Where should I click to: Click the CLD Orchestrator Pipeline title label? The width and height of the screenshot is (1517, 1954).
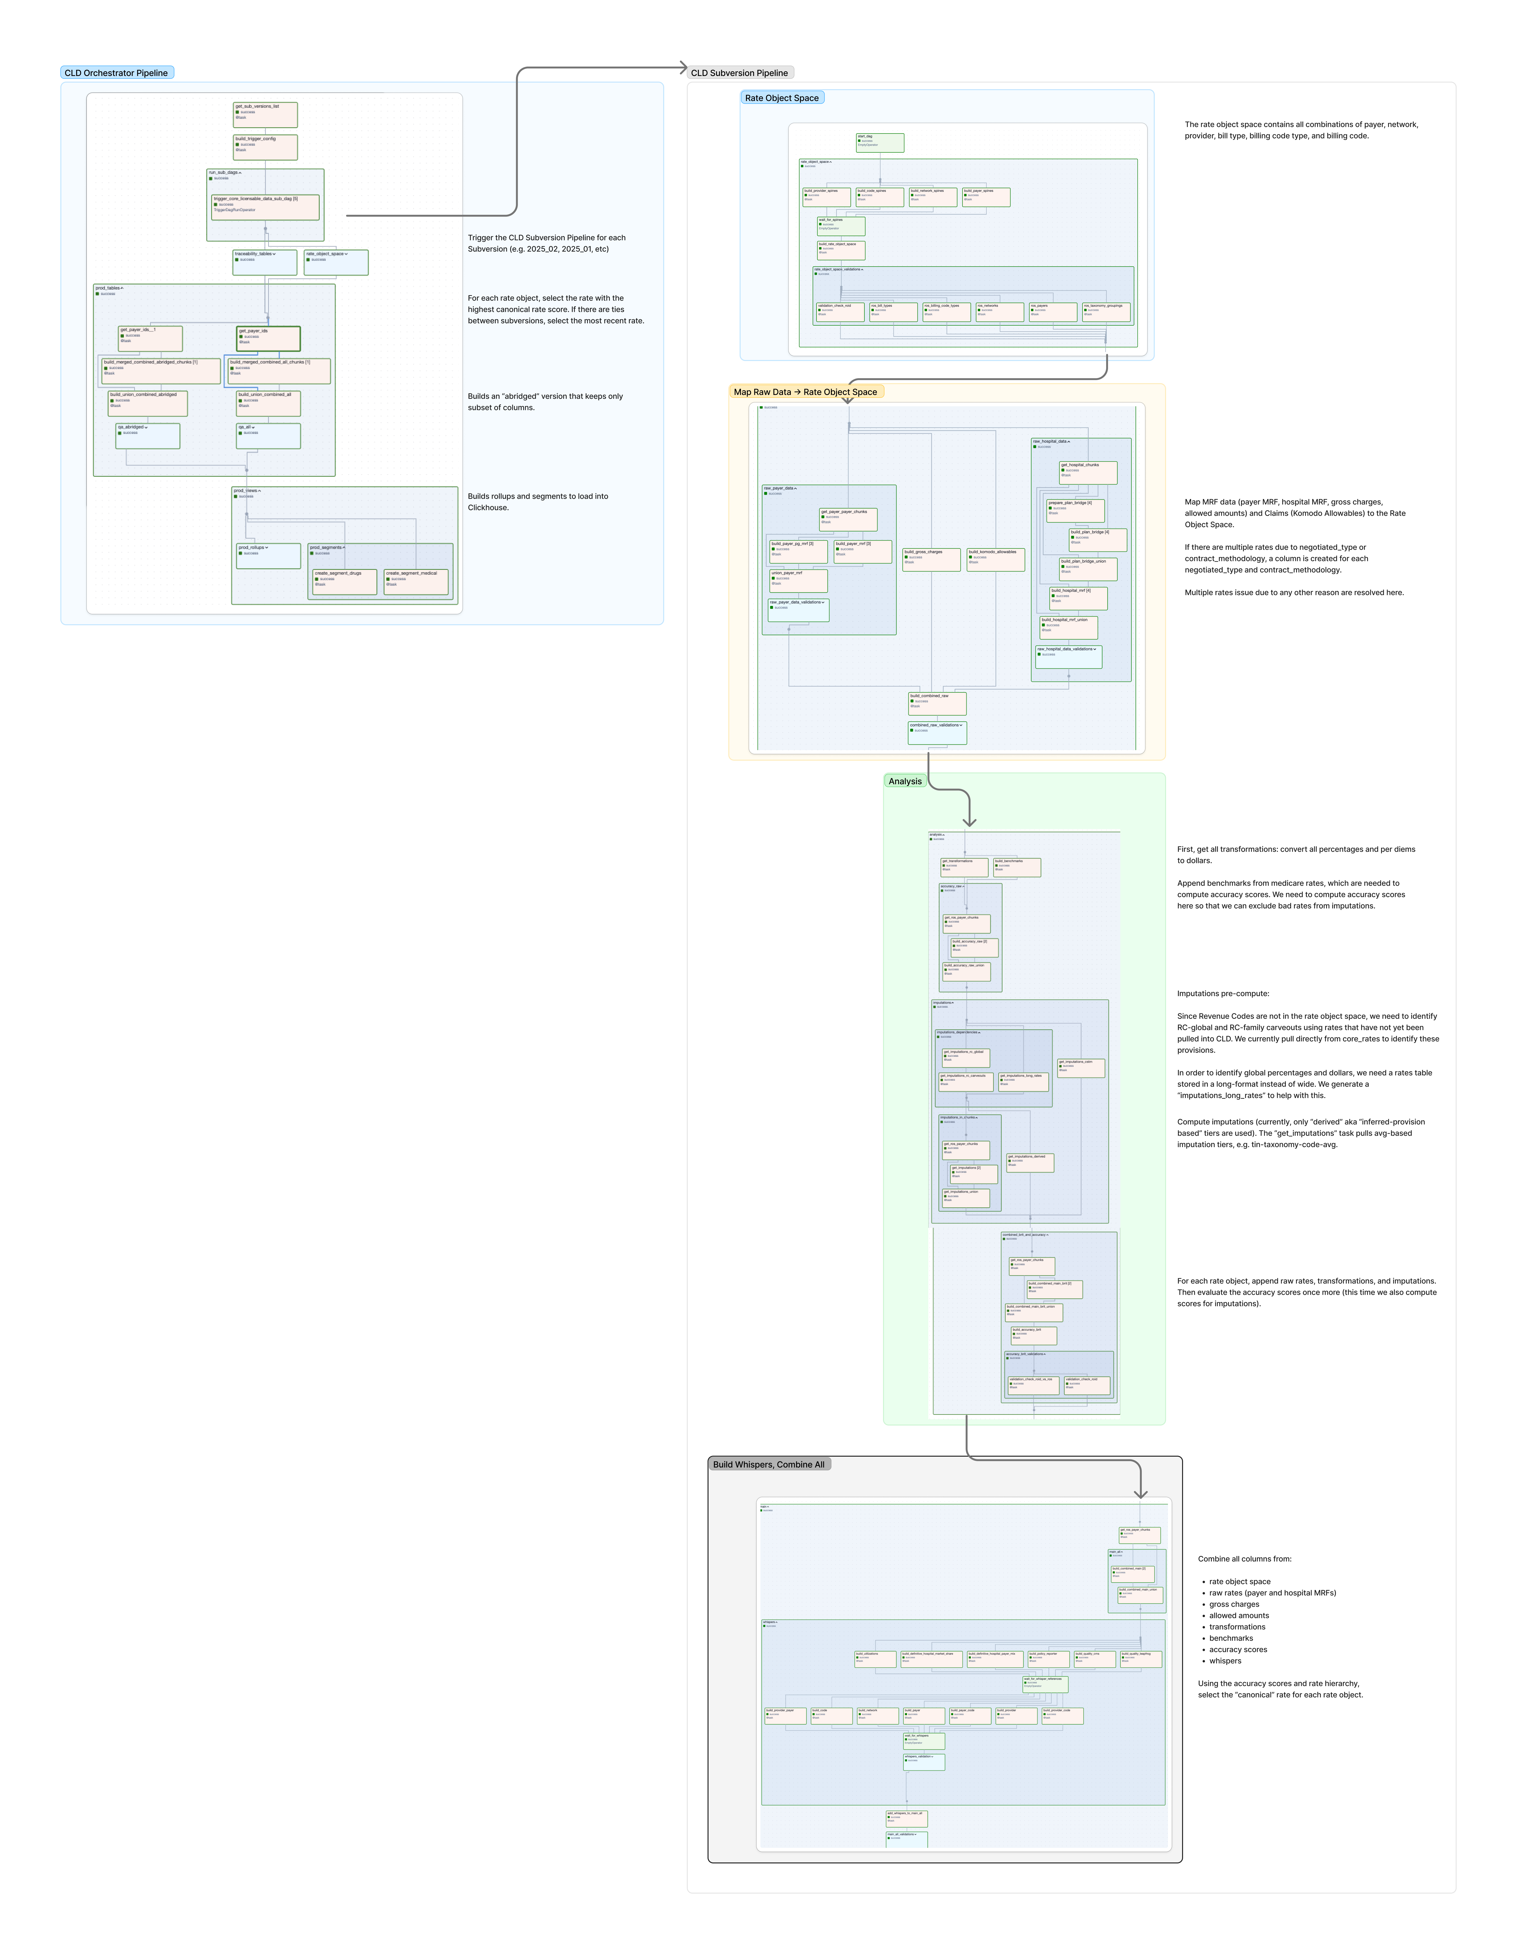[x=116, y=72]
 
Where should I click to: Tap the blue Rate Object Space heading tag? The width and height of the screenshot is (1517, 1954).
[x=782, y=97]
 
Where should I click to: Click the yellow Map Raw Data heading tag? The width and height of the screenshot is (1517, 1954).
[x=805, y=392]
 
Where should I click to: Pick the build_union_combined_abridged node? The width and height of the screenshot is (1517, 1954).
[x=148, y=403]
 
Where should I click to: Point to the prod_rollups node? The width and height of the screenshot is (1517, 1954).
[x=268, y=555]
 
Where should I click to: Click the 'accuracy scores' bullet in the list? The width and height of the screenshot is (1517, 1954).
[x=1238, y=1649]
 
